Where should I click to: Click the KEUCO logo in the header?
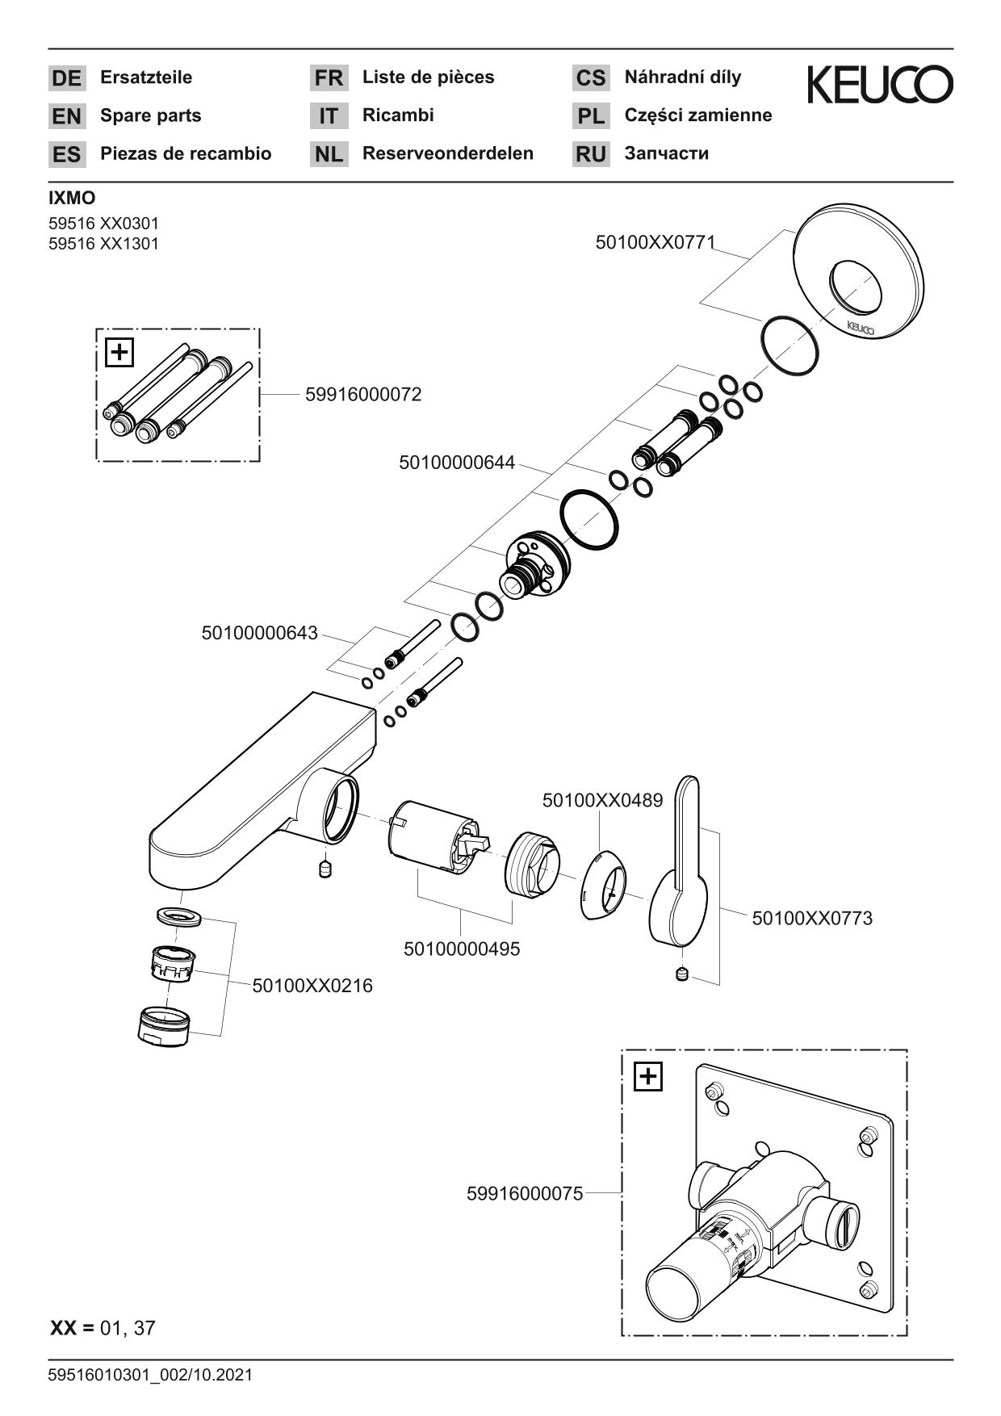point(879,85)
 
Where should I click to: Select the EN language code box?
point(66,116)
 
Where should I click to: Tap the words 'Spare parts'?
point(150,115)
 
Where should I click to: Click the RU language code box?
point(591,154)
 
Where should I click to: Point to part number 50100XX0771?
point(655,242)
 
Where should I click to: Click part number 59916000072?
point(363,395)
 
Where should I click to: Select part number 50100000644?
point(456,463)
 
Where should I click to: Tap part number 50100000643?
point(259,633)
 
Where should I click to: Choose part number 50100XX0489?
point(602,800)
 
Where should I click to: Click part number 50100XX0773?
point(812,918)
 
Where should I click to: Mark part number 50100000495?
point(462,949)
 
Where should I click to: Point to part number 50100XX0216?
point(312,986)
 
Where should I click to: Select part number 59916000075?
point(525,1193)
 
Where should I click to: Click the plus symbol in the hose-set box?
point(119,352)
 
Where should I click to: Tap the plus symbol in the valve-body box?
point(648,1076)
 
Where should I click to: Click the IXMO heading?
point(72,199)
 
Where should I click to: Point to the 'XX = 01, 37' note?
point(103,1327)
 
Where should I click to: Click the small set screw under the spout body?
point(325,869)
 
